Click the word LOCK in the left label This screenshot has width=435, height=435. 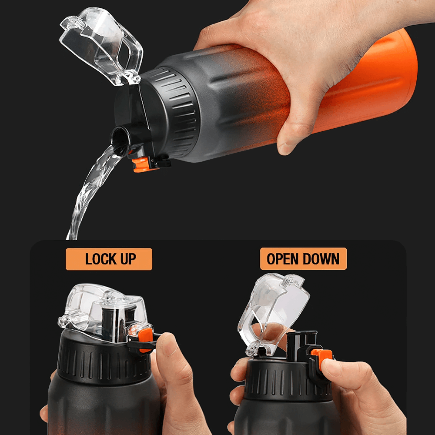tap(100, 259)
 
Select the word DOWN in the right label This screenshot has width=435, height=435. tap(321, 259)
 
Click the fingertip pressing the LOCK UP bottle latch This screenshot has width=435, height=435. tap(167, 344)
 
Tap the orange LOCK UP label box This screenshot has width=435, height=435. tap(109, 259)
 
